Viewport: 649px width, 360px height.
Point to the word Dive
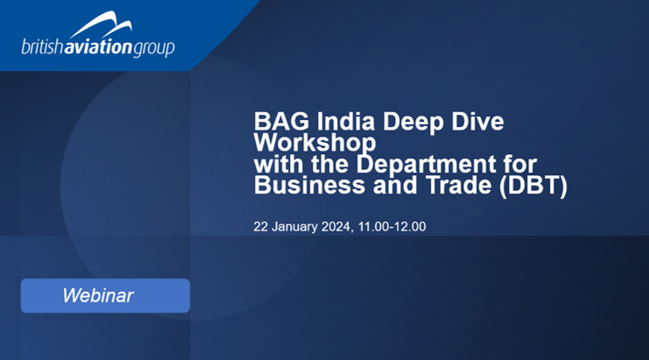[x=477, y=122]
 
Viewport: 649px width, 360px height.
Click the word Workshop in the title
[x=315, y=143]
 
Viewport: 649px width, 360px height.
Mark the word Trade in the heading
[x=459, y=185]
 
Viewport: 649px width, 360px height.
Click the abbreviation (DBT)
[x=533, y=186]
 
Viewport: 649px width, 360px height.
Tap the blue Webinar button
[x=105, y=295]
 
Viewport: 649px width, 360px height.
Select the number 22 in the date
[x=260, y=227]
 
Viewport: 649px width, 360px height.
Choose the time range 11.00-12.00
[x=392, y=227]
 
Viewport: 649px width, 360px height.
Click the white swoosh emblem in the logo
[x=102, y=25]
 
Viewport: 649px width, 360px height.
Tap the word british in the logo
[x=42, y=46]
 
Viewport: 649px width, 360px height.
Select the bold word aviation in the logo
[x=98, y=46]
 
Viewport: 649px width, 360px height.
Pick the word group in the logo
[x=154, y=48]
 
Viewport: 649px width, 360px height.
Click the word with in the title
[x=279, y=164]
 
